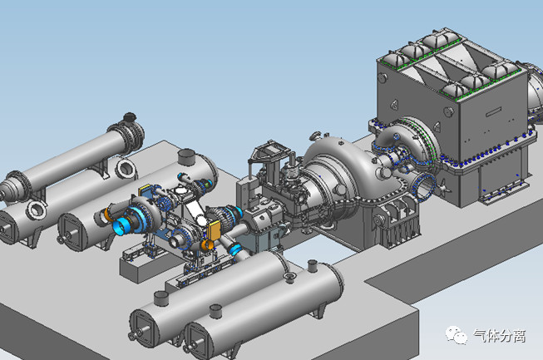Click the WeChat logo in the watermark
pyautogui.click(x=456, y=335)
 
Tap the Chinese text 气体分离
pyautogui.click(x=500, y=336)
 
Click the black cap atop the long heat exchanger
pyautogui.click(x=130, y=117)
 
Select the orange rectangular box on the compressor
pyautogui.click(x=214, y=230)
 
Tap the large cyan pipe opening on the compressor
pyautogui.click(x=121, y=227)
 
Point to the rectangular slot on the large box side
pyautogui.click(x=494, y=112)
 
